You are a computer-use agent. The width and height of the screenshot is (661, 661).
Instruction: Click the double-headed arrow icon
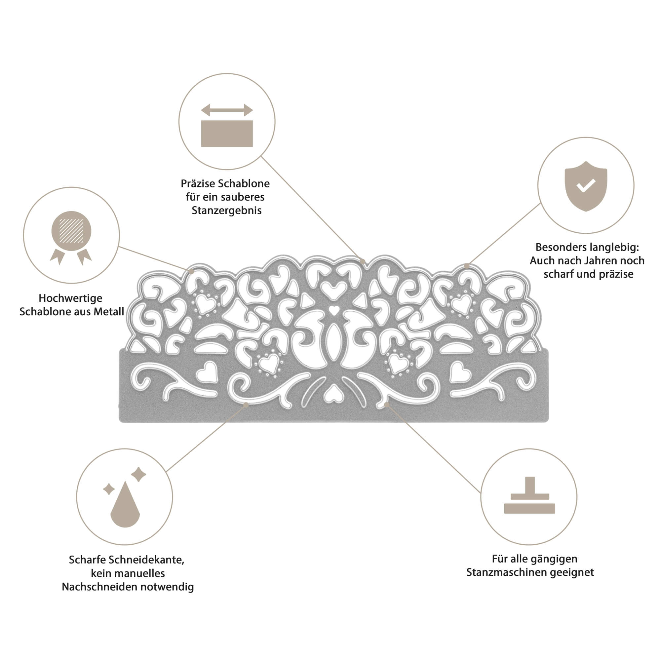[x=227, y=110]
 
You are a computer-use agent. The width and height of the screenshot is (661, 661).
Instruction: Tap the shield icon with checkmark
[x=586, y=186]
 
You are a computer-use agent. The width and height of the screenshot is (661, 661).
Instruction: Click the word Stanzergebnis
[x=226, y=211]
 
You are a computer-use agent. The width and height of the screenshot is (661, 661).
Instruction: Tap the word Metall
[x=109, y=312]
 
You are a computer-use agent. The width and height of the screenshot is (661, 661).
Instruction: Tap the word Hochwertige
[x=70, y=298]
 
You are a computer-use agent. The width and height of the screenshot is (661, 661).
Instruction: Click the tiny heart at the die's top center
[x=333, y=311]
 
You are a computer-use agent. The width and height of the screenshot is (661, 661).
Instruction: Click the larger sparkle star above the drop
[x=138, y=474]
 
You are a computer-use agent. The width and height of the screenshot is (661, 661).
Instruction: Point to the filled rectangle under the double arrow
[x=227, y=134]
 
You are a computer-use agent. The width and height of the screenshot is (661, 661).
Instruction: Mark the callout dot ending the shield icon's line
[x=467, y=265]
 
